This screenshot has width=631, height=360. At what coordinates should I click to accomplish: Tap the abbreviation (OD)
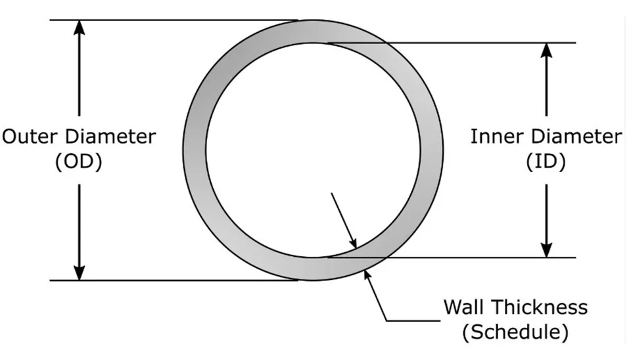click(79, 162)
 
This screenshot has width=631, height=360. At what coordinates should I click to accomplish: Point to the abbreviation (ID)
click(546, 162)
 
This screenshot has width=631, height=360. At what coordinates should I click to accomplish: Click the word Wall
click(466, 307)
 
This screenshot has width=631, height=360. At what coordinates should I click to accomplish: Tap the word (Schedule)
click(515, 331)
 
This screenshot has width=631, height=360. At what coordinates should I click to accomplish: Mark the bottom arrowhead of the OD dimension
click(80, 272)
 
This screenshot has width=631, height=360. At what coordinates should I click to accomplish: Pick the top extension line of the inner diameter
click(460, 43)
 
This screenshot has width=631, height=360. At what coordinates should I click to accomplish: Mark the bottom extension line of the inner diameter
click(460, 258)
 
